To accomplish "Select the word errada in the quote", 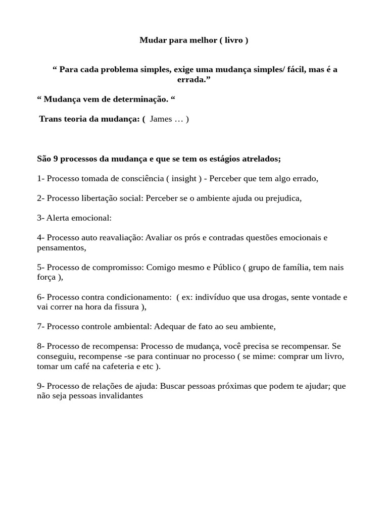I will click(x=192, y=80).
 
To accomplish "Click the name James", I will click(x=161, y=119).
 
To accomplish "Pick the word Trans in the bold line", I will click(x=50, y=119).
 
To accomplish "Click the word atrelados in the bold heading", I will click(x=261, y=159).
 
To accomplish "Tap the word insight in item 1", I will click(x=184, y=178).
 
